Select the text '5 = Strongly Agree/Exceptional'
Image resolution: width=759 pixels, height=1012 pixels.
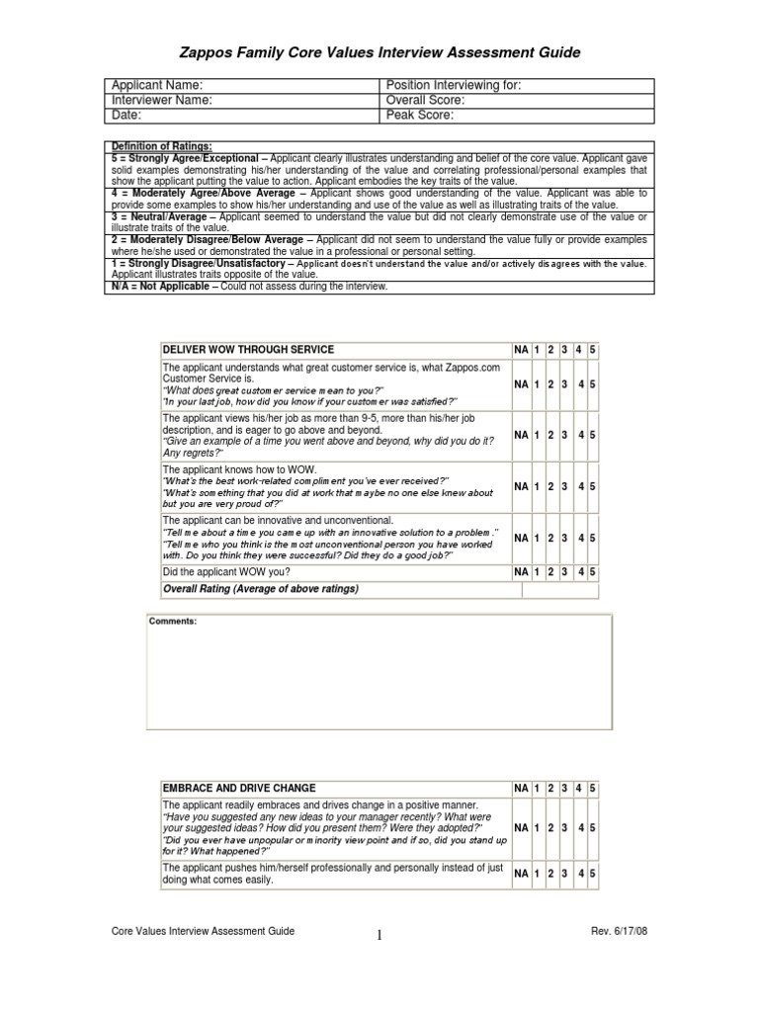click(x=183, y=157)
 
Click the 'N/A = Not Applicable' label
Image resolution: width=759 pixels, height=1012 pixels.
click(x=157, y=287)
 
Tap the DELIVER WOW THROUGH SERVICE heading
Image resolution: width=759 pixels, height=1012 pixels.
click(x=248, y=350)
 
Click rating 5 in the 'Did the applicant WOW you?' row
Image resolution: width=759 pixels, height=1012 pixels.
click(x=593, y=571)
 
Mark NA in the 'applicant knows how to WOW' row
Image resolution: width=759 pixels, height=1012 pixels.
click(x=519, y=485)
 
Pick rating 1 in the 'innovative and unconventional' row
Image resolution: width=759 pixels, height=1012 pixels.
click(x=537, y=538)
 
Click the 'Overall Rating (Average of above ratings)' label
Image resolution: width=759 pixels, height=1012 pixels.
click(x=260, y=589)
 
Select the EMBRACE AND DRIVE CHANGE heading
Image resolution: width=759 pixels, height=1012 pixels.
click(x=239, y=788)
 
